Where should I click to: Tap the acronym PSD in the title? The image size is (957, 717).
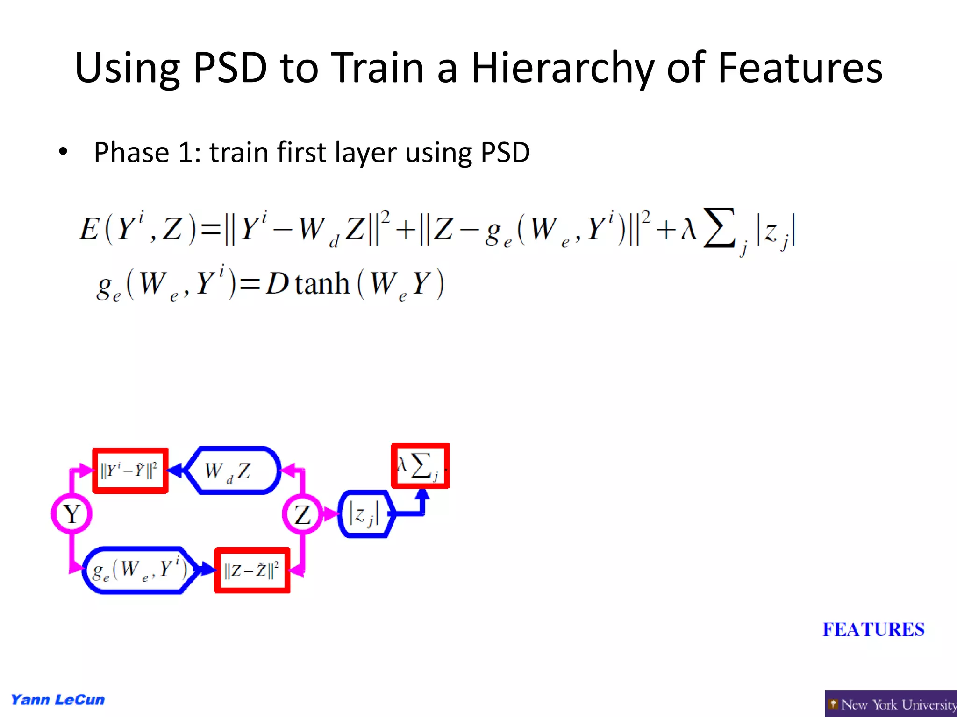pos(230,69)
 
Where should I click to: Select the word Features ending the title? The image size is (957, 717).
pos(800,69)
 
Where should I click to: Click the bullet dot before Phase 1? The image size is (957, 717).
pos(63,152)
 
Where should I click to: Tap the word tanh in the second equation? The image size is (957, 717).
pos(322,283)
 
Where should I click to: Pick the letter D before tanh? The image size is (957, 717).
pos(278,283)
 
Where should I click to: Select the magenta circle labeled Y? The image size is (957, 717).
pos(71,513)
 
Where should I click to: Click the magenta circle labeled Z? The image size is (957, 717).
pos(302,514)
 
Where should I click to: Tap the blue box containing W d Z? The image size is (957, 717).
pos(232,471)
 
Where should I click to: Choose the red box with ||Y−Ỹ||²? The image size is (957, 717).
pos(130,471)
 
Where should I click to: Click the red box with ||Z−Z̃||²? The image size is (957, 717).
pos(252,570)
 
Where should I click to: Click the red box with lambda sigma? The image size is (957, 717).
pos(420,466)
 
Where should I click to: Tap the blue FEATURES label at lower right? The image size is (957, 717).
pos(873,629)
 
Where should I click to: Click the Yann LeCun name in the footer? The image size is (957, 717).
pos(57,700)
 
